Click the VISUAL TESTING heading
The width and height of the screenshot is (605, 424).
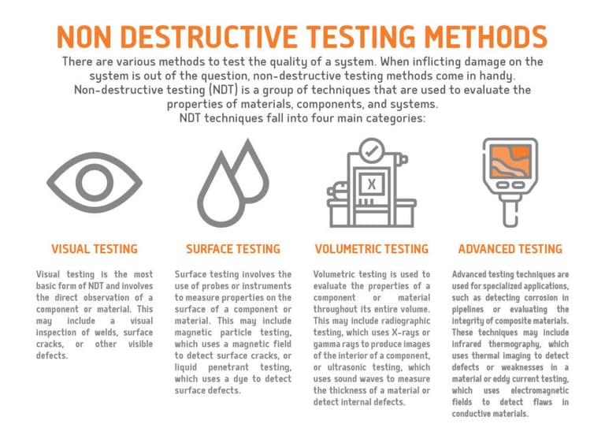tap(95, 249)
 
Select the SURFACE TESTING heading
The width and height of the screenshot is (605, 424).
tap(233, 249)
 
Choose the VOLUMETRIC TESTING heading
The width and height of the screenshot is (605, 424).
tap(372, 249)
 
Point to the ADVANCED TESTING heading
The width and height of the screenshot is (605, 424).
tap(510, 249)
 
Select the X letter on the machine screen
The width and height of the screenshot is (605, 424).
tap(372, 184)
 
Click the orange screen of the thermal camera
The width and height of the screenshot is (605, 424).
tap(510, 162)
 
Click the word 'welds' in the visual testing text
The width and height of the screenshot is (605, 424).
tap(107, 333)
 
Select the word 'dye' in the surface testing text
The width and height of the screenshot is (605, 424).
tap(241, 379)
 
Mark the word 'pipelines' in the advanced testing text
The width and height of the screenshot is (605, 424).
tap(468, 310)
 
